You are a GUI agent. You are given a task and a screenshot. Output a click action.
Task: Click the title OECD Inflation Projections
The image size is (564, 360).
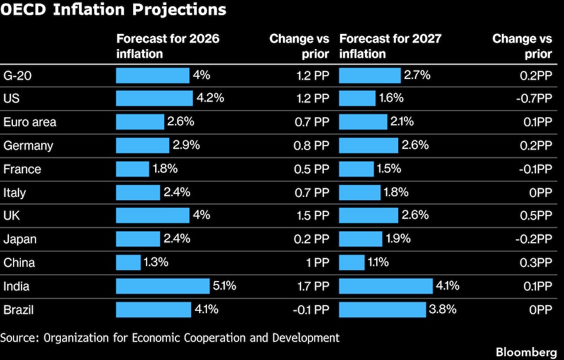[113, 10]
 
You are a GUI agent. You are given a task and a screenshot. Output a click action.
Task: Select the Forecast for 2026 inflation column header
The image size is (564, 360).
[168, 46]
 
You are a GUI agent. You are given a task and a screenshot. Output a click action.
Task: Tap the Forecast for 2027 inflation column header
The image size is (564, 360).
[390, 46]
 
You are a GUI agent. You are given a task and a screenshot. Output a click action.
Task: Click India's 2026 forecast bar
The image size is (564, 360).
[162, 286]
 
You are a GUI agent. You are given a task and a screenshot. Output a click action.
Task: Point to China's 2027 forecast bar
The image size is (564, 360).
[352, 262]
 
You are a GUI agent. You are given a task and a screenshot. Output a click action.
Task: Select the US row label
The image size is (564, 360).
[12, 98]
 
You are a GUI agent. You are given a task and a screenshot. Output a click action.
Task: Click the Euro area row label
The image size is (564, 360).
[30, 122]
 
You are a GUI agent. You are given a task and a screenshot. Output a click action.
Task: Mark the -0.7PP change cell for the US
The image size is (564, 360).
[533, 98]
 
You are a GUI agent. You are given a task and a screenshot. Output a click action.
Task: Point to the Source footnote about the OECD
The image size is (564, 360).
[170, 337]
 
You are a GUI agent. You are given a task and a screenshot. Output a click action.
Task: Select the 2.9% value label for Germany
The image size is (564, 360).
[187, 145]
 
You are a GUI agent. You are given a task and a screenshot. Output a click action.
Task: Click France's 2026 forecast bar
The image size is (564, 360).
[133, 169]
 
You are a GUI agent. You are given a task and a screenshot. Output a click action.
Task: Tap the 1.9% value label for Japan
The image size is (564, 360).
[397, 239]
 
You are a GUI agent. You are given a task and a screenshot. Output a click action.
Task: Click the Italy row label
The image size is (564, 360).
[15, 192]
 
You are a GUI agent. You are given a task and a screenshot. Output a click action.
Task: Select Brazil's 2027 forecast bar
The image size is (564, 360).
[382, 310]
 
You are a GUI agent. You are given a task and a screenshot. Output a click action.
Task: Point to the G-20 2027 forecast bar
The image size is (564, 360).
[370, 75]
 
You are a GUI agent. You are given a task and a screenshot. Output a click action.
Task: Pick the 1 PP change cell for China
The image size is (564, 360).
[316, 262]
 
